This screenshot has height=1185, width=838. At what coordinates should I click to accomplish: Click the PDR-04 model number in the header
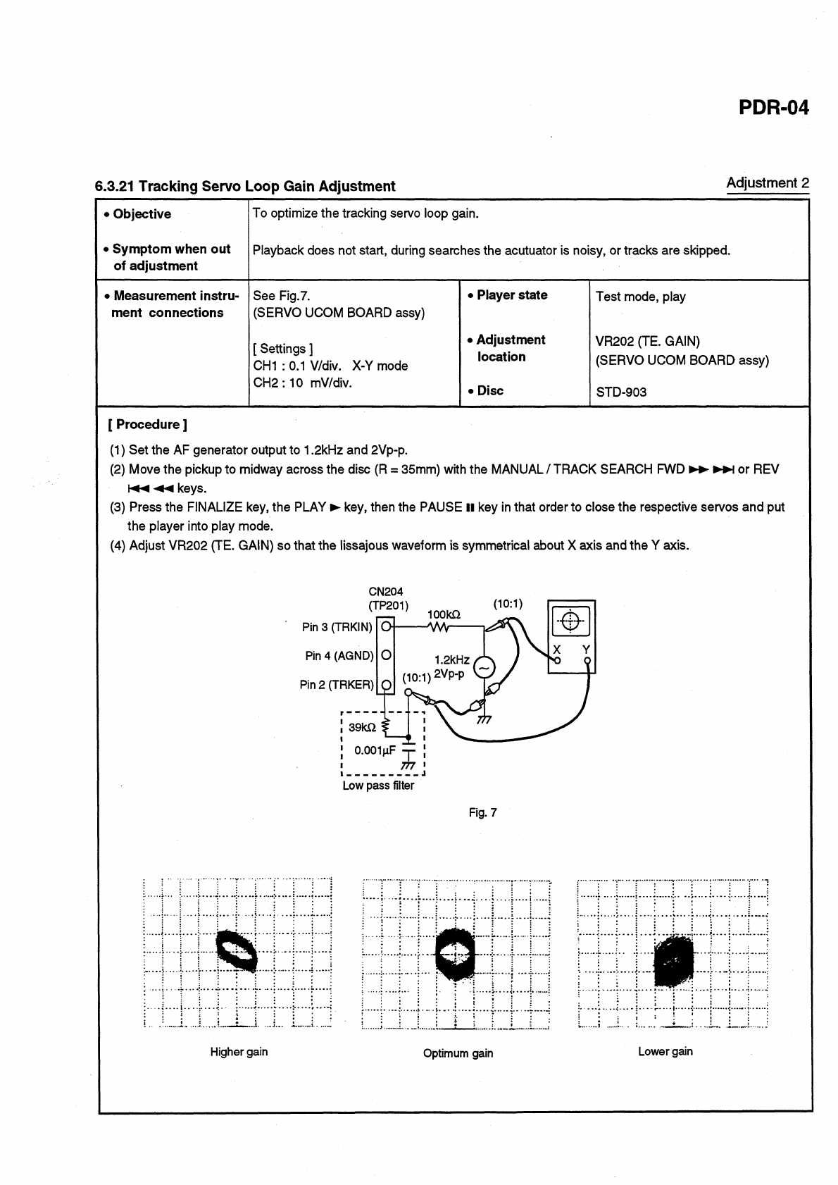[773, 108]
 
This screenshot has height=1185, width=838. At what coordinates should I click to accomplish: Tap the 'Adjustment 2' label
[767, 183]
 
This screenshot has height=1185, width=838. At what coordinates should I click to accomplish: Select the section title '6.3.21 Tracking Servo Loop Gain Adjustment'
[245, 187]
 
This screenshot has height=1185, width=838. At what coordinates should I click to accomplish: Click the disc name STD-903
[620, 392]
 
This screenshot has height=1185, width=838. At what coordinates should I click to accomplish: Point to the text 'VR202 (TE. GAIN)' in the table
[647, 342]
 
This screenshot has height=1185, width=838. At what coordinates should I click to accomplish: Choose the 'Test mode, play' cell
[640, 297]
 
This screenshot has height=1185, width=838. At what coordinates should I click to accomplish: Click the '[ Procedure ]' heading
[147, 424]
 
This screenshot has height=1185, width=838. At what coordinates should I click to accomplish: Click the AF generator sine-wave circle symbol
[484, 666]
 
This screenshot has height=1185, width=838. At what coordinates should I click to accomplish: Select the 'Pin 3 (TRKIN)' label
[337, 627]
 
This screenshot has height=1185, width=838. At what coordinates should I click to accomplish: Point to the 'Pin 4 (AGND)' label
[339, 656]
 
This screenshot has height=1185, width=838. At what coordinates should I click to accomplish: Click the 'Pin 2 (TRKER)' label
[337, 685]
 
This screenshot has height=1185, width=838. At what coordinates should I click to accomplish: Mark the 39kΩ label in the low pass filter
[363, 727]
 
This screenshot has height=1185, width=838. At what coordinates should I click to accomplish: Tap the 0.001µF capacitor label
[376, 750]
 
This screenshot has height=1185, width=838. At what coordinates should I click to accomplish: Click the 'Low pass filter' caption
[378, 786]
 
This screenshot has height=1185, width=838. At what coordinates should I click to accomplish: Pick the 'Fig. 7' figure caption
[482, 812]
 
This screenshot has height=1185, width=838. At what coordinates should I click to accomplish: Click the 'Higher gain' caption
[239, 1052]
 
